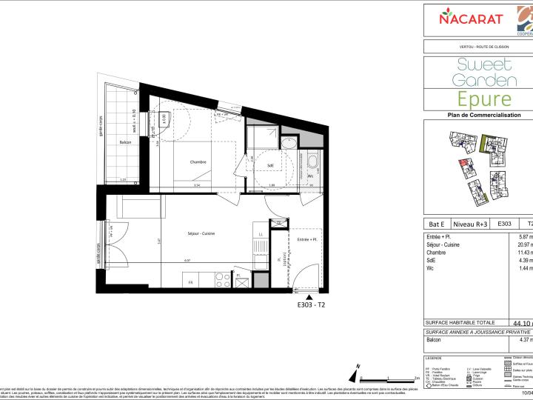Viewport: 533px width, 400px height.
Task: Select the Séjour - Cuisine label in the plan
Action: (201, 234)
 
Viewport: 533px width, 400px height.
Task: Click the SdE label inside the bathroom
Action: (272, 165)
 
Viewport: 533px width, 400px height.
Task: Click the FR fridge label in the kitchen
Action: (190, 282)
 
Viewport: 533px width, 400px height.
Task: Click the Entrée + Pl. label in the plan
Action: (306, 241)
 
